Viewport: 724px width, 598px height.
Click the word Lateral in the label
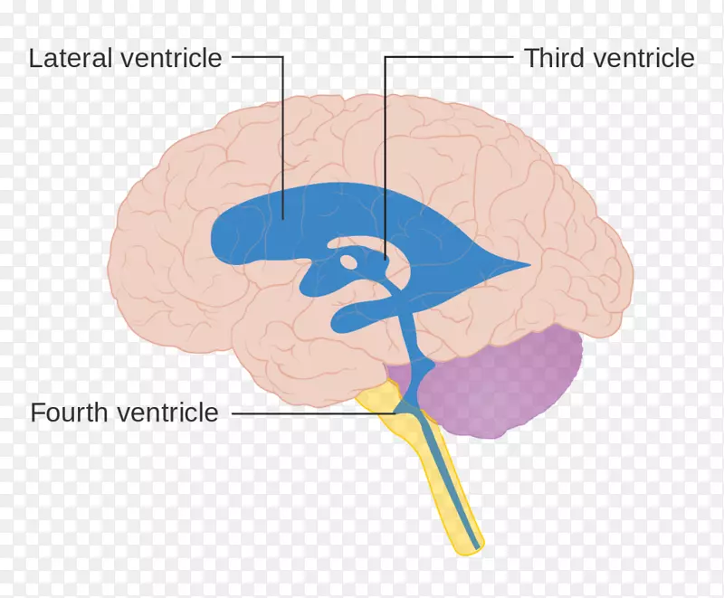[x=71, y=58]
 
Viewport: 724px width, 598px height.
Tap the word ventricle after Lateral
[x=171, y=58]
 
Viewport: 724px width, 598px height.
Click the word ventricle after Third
[x=643, y=58]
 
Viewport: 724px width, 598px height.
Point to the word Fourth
[x=69, y=412]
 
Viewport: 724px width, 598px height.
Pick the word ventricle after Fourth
[x=167, y=412]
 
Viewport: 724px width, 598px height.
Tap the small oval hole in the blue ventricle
[x=348, y=261]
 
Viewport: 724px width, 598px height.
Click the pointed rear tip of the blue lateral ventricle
[x=529, y=265]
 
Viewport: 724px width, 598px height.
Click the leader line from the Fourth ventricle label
[x=314, y=413]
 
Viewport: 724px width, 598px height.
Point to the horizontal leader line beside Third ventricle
[x=449, y=57]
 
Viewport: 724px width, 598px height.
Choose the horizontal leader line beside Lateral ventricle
[x=258, y=57]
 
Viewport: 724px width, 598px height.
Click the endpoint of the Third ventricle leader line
[x=386, y=260]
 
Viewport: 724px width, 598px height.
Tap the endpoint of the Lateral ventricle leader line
[x=283, y=218]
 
